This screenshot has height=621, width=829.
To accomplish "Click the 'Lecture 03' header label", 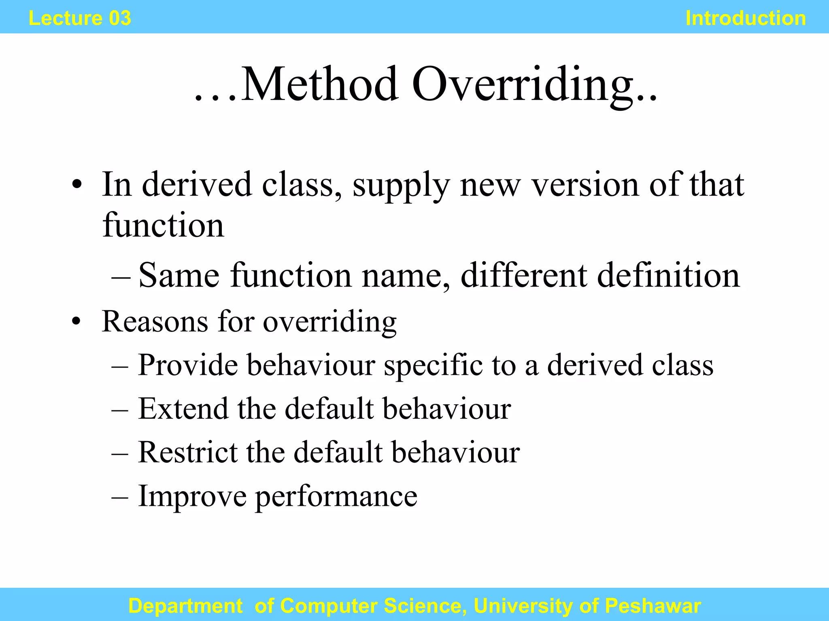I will point(80,18).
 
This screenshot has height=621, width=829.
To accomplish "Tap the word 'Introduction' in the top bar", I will point(746,18).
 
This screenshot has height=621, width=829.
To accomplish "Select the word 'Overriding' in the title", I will point(523,85).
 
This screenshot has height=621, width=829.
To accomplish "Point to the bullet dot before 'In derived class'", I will point(76,186).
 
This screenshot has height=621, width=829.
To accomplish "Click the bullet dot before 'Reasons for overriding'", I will point(76,322).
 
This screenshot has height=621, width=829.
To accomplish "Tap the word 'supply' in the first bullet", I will point(401,186).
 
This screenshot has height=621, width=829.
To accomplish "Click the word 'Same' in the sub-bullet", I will point(179,275).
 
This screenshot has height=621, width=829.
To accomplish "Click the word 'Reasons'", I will point(155,322).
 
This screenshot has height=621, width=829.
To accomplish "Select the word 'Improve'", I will point(192,496).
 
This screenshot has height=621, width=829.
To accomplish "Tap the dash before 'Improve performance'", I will point(120,497).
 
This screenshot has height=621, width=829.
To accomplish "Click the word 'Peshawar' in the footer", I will point(653,606).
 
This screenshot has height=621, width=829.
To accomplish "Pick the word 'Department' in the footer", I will point(185,606).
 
